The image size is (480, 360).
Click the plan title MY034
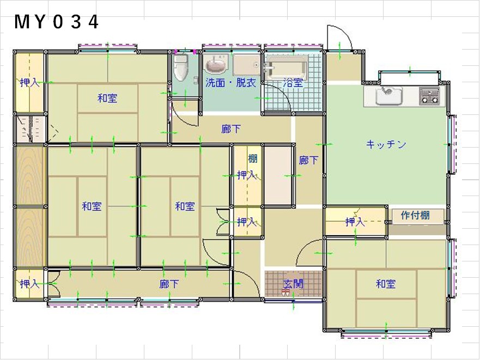click(x=57, y=22)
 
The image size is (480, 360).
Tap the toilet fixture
click(x=180, y=68)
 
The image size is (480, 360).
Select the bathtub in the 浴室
click(x=286, y=68)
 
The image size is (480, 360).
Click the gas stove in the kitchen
click(x=429, y=95)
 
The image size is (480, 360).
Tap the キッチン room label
click(x=386, y=144)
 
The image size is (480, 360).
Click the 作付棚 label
click(x=415, y=215)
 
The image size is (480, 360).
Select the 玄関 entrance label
click(x=293, y=284)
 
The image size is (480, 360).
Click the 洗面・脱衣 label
click(x=230, y=83)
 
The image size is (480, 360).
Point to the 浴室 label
click(x=293, y=83)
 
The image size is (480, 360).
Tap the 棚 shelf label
click(x=253, y=158)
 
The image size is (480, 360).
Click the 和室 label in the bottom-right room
click(x=385, y=284)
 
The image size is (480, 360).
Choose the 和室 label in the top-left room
click(x=107, y=98)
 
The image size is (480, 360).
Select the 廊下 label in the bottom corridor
click(x=169, y=284)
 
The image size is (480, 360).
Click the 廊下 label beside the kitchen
click(x=308, y=160)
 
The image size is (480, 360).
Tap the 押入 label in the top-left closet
click(x=30, y=82)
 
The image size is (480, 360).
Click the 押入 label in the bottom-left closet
click(x=30, y=284)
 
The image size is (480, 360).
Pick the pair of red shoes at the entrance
click(x=285, y=292)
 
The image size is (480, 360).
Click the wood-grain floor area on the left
click(x=31, y=206)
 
